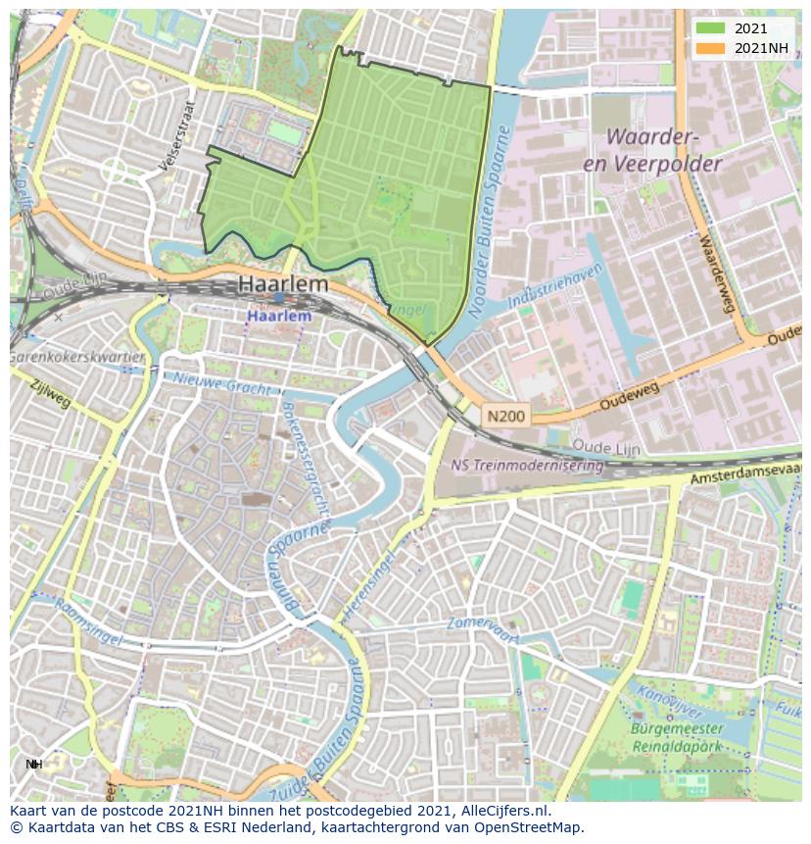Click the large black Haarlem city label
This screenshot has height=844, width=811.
point(284,285)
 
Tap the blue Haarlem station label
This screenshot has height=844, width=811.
point(279,317)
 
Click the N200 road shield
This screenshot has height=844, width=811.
point(505,417)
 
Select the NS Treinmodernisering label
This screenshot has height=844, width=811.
point(526,466)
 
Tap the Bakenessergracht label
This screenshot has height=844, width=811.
point(303,459)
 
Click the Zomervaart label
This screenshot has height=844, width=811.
point(482,623)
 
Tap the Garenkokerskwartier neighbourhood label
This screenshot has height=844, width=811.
point(76,358)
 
